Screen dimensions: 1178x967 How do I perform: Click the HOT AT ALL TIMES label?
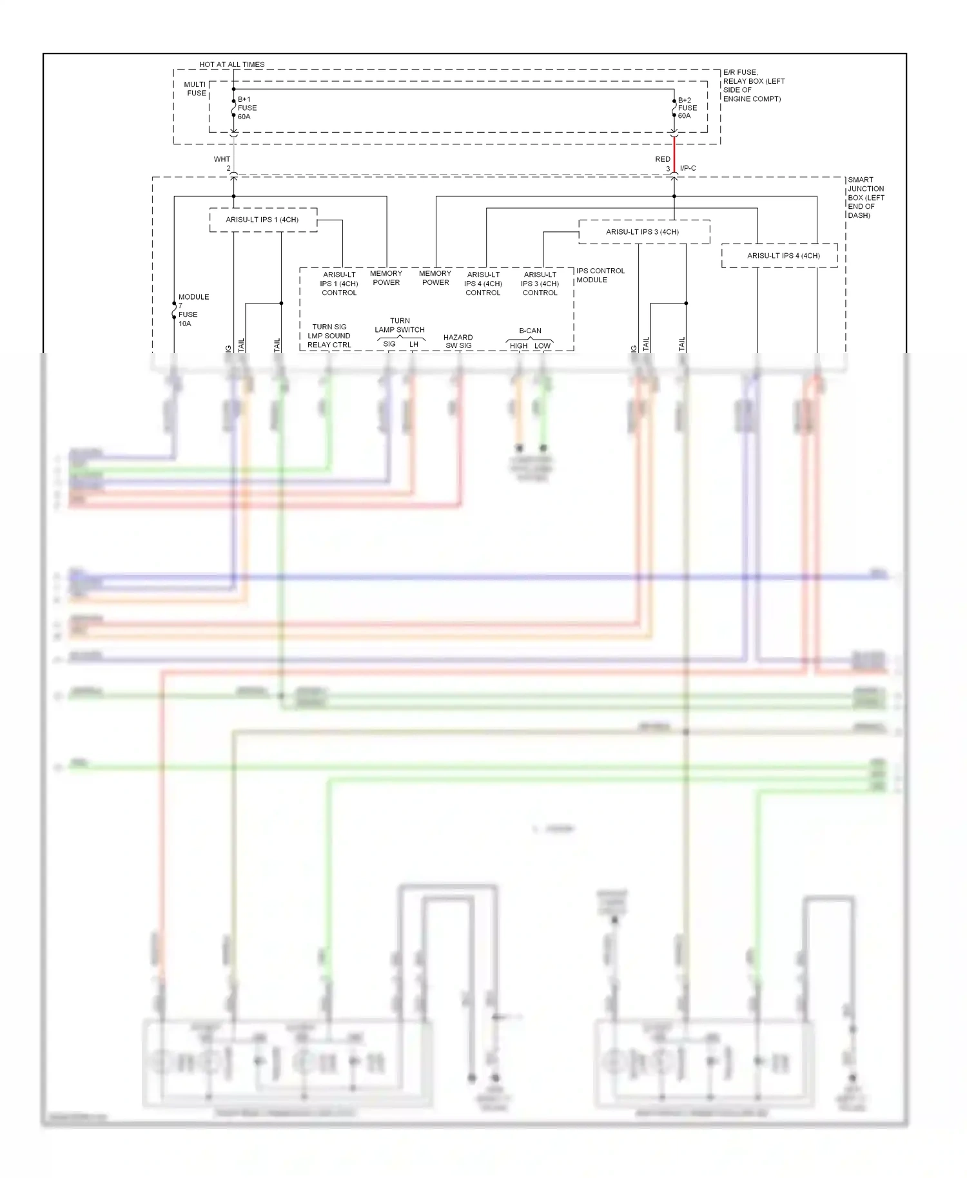(x=232, y=64)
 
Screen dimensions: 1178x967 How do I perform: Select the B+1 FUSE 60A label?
(x=246, y=108)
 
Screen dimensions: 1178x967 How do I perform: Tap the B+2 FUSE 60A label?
(x=687, y=108)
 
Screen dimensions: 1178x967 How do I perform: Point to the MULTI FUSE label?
(x=195, y=89)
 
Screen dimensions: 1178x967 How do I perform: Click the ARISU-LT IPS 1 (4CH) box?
(x=263, y=220)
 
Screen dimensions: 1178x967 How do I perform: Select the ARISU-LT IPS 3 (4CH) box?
(x=643, y=232)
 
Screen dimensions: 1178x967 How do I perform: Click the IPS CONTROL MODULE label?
(x=600, y=275)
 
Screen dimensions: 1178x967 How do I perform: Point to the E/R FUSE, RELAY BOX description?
(x=753, y=86)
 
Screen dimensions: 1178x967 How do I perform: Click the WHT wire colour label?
(x=222, y=159)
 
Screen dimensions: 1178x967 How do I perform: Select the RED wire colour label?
(x=663, y=159)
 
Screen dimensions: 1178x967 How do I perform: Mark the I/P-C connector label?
(x=688, y=168)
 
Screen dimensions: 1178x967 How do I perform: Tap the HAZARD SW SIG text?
(x=458, y=342)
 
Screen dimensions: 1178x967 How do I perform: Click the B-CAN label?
(x=530, y=331)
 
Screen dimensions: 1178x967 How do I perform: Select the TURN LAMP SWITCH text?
(x=400, y=325)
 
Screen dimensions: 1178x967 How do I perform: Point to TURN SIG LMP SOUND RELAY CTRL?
(x=329, y=336)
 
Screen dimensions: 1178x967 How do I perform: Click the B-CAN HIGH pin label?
(x=518, y=346)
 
